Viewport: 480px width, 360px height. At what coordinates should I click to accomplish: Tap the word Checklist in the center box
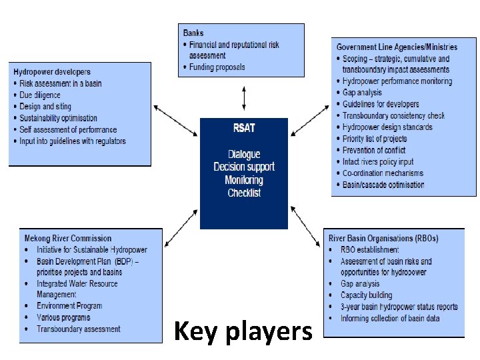244,193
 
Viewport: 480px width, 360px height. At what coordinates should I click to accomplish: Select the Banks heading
193,33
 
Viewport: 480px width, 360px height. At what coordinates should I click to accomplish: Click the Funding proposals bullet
217,67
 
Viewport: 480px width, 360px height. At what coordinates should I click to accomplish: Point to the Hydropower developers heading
52,72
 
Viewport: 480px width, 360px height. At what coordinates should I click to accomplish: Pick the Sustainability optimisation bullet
59,118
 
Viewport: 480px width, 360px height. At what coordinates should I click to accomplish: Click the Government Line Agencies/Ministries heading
397,47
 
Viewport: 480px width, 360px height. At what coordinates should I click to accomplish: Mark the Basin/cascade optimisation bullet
383,185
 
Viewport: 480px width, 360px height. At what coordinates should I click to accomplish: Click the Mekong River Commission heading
68,238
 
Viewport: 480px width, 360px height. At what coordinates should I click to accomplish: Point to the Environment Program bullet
69,306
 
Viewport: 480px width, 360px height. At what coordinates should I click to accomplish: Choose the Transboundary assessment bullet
79,329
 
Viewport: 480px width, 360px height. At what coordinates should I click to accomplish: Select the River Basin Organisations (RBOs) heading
383,238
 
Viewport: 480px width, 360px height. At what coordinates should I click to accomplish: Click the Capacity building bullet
366,295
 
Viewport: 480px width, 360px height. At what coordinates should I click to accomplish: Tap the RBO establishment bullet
369,250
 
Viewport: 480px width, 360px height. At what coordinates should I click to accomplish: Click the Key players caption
243,331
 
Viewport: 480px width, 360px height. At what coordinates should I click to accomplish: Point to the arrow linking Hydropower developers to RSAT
175,117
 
